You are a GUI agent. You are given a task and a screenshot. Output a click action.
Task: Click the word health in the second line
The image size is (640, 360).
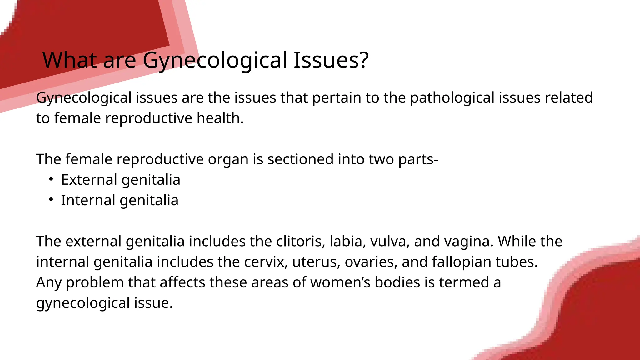(x=220, y=118)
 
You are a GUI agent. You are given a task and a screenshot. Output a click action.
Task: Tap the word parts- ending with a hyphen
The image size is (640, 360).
(x=418, y=159)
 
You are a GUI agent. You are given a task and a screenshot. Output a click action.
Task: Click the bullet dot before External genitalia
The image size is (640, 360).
(x=51, y=179)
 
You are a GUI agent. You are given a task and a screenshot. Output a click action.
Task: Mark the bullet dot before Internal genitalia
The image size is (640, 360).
(x=51, y=200)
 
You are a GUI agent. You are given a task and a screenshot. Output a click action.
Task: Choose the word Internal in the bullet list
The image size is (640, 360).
(x=88, y=200)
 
